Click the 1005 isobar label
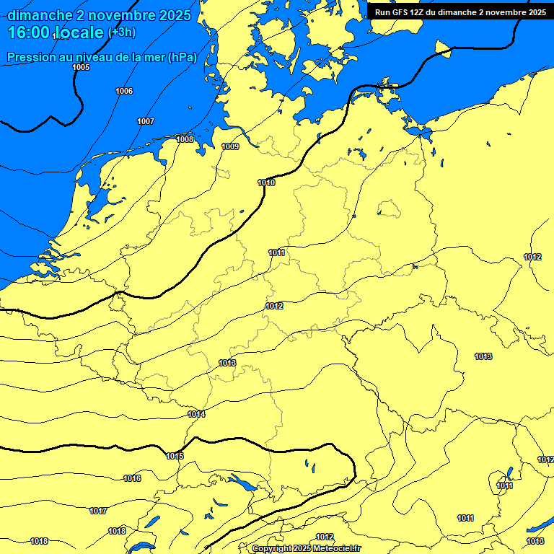point(82,67)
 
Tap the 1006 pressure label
point(124,91)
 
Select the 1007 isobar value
point(146,121)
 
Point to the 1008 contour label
point(185,138)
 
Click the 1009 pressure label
point(230,146)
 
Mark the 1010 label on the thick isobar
point(266,183)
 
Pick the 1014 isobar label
point(196,414)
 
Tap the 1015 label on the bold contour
point(175,456)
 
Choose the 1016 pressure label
point(132,478)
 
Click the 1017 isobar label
point(98,511)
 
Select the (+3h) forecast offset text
point(121,32)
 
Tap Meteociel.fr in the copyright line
point(337,549)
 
